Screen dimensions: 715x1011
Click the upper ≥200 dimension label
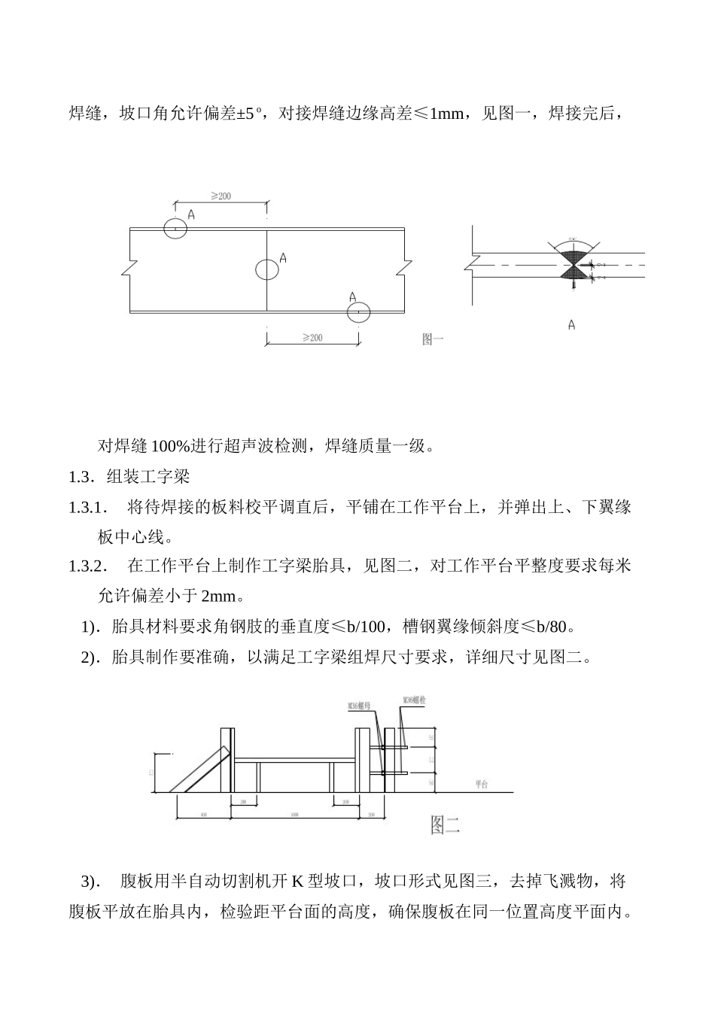click(x=221, y=196)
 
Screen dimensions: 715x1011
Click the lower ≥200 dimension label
click(x=312, y=338)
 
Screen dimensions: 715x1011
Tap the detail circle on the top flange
click(x=175, y=228)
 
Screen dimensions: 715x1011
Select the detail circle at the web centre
click(x=266, y=269)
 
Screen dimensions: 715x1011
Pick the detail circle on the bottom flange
click(x=360, y=311)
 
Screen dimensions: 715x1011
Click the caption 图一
click(x=433, y=340)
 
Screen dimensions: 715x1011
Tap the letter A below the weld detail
click(x=572, y=325)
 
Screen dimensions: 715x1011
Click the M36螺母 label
click(x=358, y=706)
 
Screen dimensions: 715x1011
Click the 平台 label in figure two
click(x=482, y=784)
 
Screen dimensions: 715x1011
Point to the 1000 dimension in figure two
click(x=294, y=815)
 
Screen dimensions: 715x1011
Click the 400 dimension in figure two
click(x=203, y=815)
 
